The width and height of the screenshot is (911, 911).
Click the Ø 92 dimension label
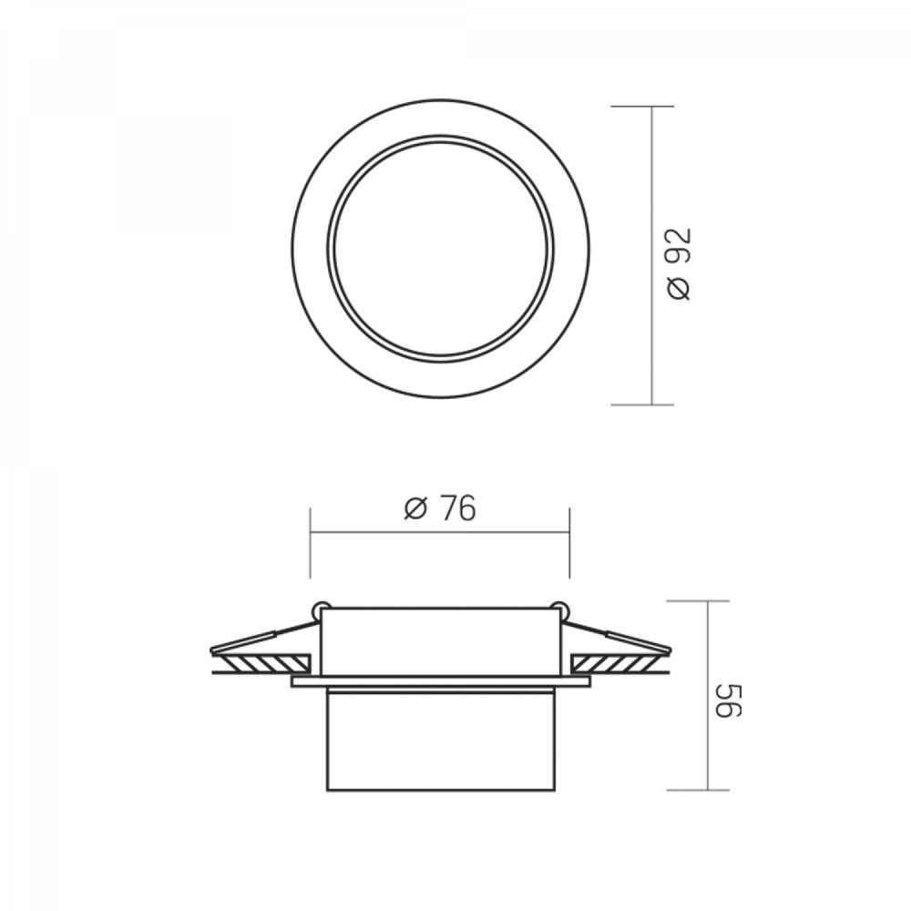tap(680, 264)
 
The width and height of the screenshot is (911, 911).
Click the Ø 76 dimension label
tap(440, 508)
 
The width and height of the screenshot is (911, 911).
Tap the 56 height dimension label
tap(728, 701)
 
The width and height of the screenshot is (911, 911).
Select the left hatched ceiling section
tap(261, 662)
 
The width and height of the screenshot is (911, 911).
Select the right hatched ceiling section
tap(619, 662)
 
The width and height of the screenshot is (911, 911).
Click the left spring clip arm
tap(264, 636)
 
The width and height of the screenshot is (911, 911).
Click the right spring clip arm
tap(617, 636)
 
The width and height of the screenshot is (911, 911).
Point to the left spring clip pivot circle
tap(319, 609)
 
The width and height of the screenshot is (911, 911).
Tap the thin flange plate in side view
tap(441, 681)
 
